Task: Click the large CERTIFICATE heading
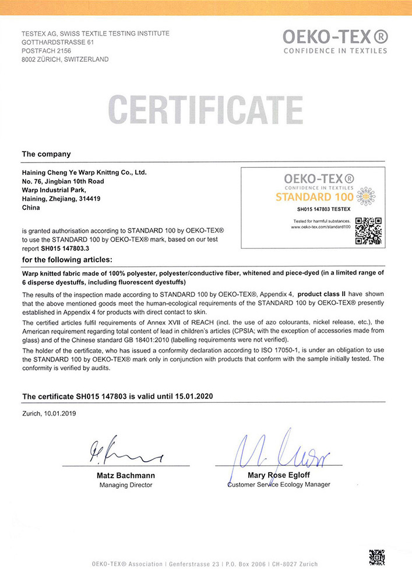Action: (x=206, y=110)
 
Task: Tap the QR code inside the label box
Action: (x=368, y=230)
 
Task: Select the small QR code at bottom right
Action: (x=376, y=557)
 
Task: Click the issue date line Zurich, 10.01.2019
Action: (x=49, y=413)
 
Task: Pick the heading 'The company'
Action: (x=46, y=154)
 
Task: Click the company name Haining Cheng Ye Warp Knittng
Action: (x=84, y=173)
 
